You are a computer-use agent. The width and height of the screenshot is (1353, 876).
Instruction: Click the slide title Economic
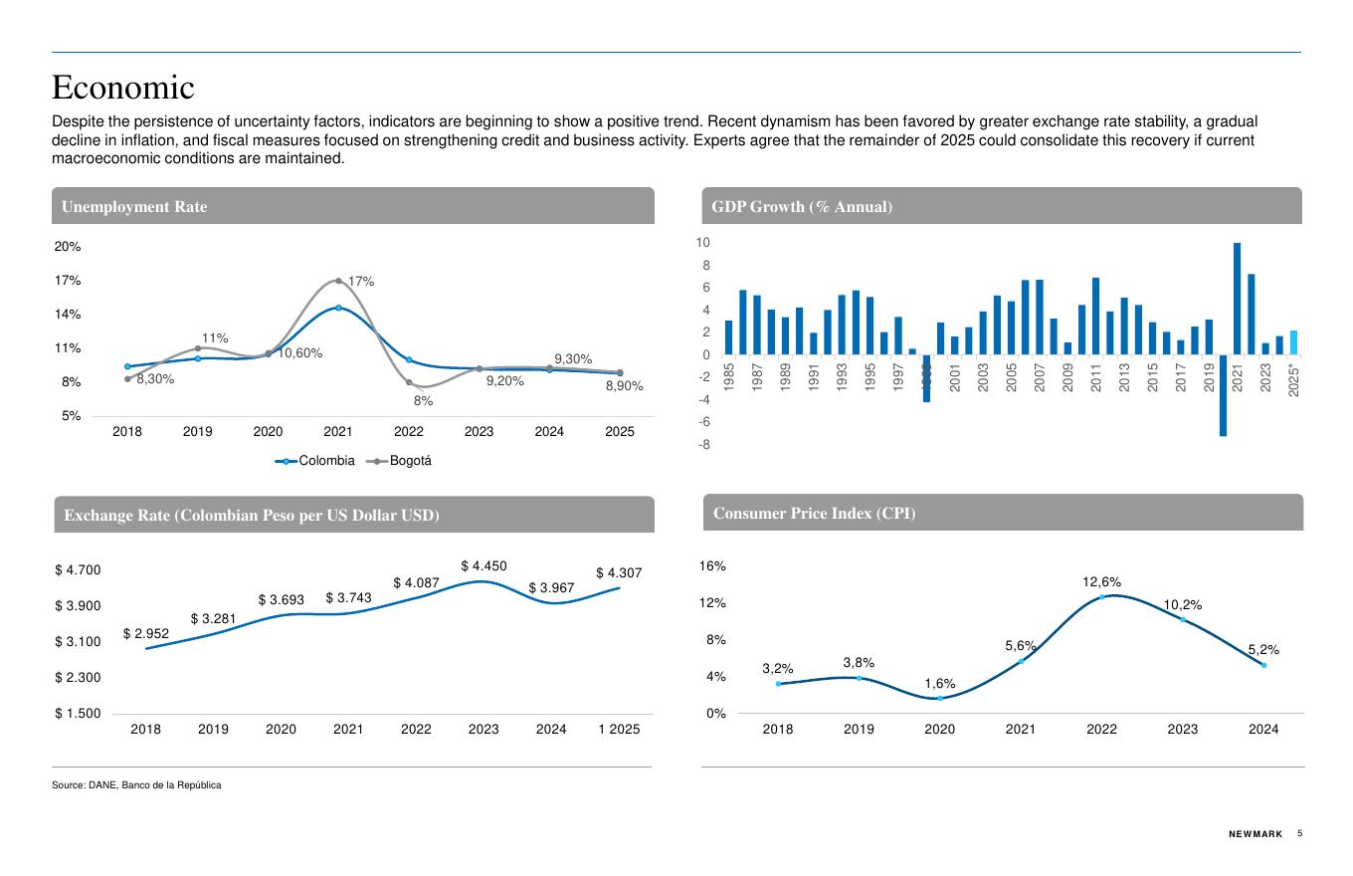point(123,88)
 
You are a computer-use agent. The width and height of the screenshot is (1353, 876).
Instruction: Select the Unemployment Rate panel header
point(134,207)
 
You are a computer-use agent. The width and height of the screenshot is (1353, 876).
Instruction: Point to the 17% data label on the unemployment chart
point(360,282)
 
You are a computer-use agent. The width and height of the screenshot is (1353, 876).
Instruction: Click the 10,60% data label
point(299,353)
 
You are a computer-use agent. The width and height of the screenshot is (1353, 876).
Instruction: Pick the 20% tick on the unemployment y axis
point(68,246)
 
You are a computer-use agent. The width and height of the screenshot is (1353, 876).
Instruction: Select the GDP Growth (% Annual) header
point(802,207)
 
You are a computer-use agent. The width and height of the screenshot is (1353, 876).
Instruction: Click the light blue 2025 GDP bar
point(1293,342)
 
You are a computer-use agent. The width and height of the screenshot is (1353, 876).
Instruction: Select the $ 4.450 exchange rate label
point(483,565)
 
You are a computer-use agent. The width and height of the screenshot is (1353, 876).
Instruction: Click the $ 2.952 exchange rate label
point(146,633)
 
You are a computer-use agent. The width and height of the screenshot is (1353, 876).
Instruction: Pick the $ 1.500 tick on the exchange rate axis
point(78,714)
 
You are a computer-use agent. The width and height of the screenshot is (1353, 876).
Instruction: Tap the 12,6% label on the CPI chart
point(1101,581)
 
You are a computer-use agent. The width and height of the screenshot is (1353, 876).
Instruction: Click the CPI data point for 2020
point(940,698)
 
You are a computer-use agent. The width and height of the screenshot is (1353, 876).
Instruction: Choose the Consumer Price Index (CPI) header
point(814,514)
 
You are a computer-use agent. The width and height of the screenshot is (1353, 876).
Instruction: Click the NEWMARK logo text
point(1256,834)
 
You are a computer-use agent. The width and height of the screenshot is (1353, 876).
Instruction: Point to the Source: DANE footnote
point(136,785)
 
